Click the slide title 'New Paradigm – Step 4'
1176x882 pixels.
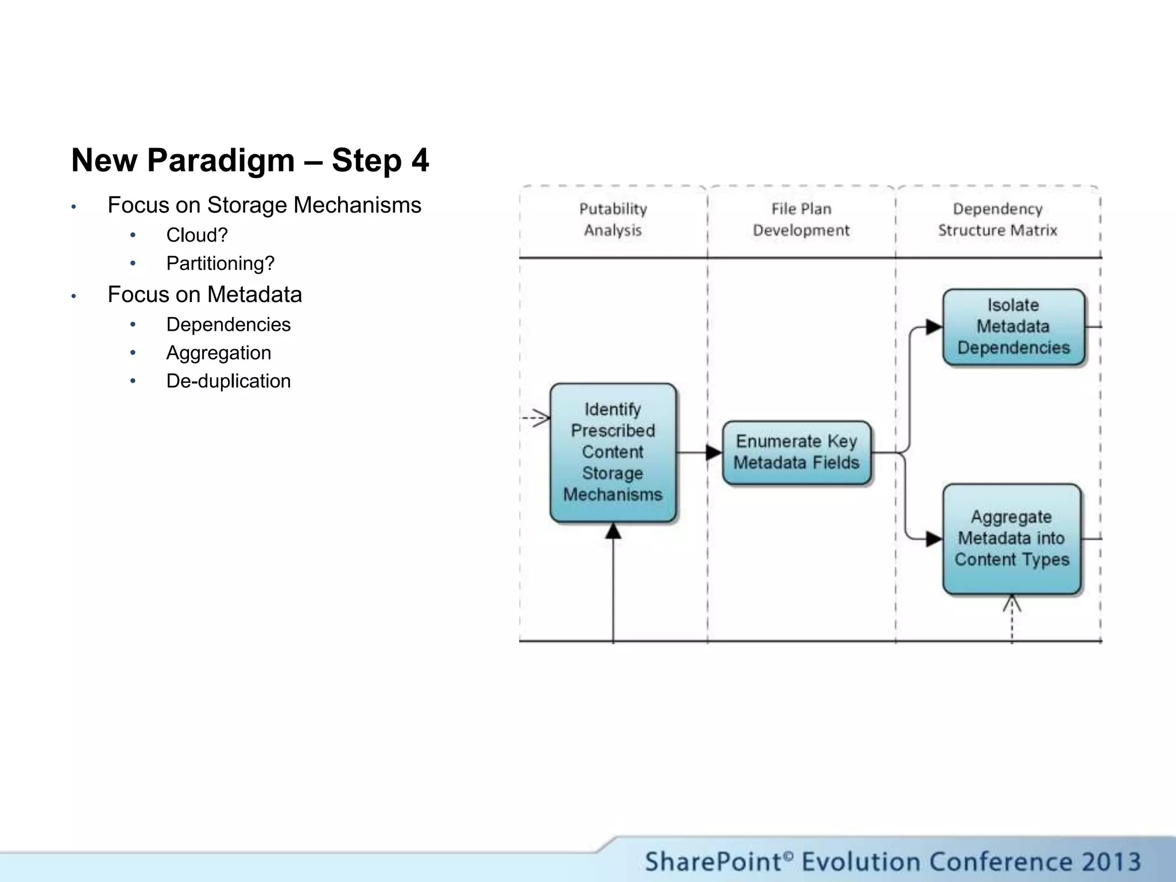[x=250, y=160]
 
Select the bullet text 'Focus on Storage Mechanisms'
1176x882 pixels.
[x=264, y=205]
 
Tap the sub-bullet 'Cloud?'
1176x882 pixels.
[x=197, y=235]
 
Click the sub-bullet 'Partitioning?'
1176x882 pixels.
[x=220, y=263]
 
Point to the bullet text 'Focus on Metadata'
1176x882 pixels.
[x=204, y=295]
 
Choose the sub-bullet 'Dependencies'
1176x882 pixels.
[x=229, y=324]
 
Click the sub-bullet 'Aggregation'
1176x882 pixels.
[x=219, y=353]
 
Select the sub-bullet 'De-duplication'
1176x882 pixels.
[x=229, y=381]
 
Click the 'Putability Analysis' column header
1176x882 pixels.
[x=613, y=219]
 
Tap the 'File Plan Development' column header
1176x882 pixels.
[x=801, y=219]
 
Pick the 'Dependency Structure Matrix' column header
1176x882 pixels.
[x=997, y=219]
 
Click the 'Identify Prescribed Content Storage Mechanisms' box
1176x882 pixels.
[x=613, y=452]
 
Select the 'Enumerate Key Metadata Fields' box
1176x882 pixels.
[x=796, y=452]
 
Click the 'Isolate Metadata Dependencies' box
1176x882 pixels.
[x=1013, y=326]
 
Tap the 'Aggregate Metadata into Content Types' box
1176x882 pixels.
[x=1012, y=538]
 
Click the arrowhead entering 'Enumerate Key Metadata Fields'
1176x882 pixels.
[x=714, y=452]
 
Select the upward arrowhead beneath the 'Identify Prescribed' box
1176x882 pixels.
[x=613, y=531]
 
